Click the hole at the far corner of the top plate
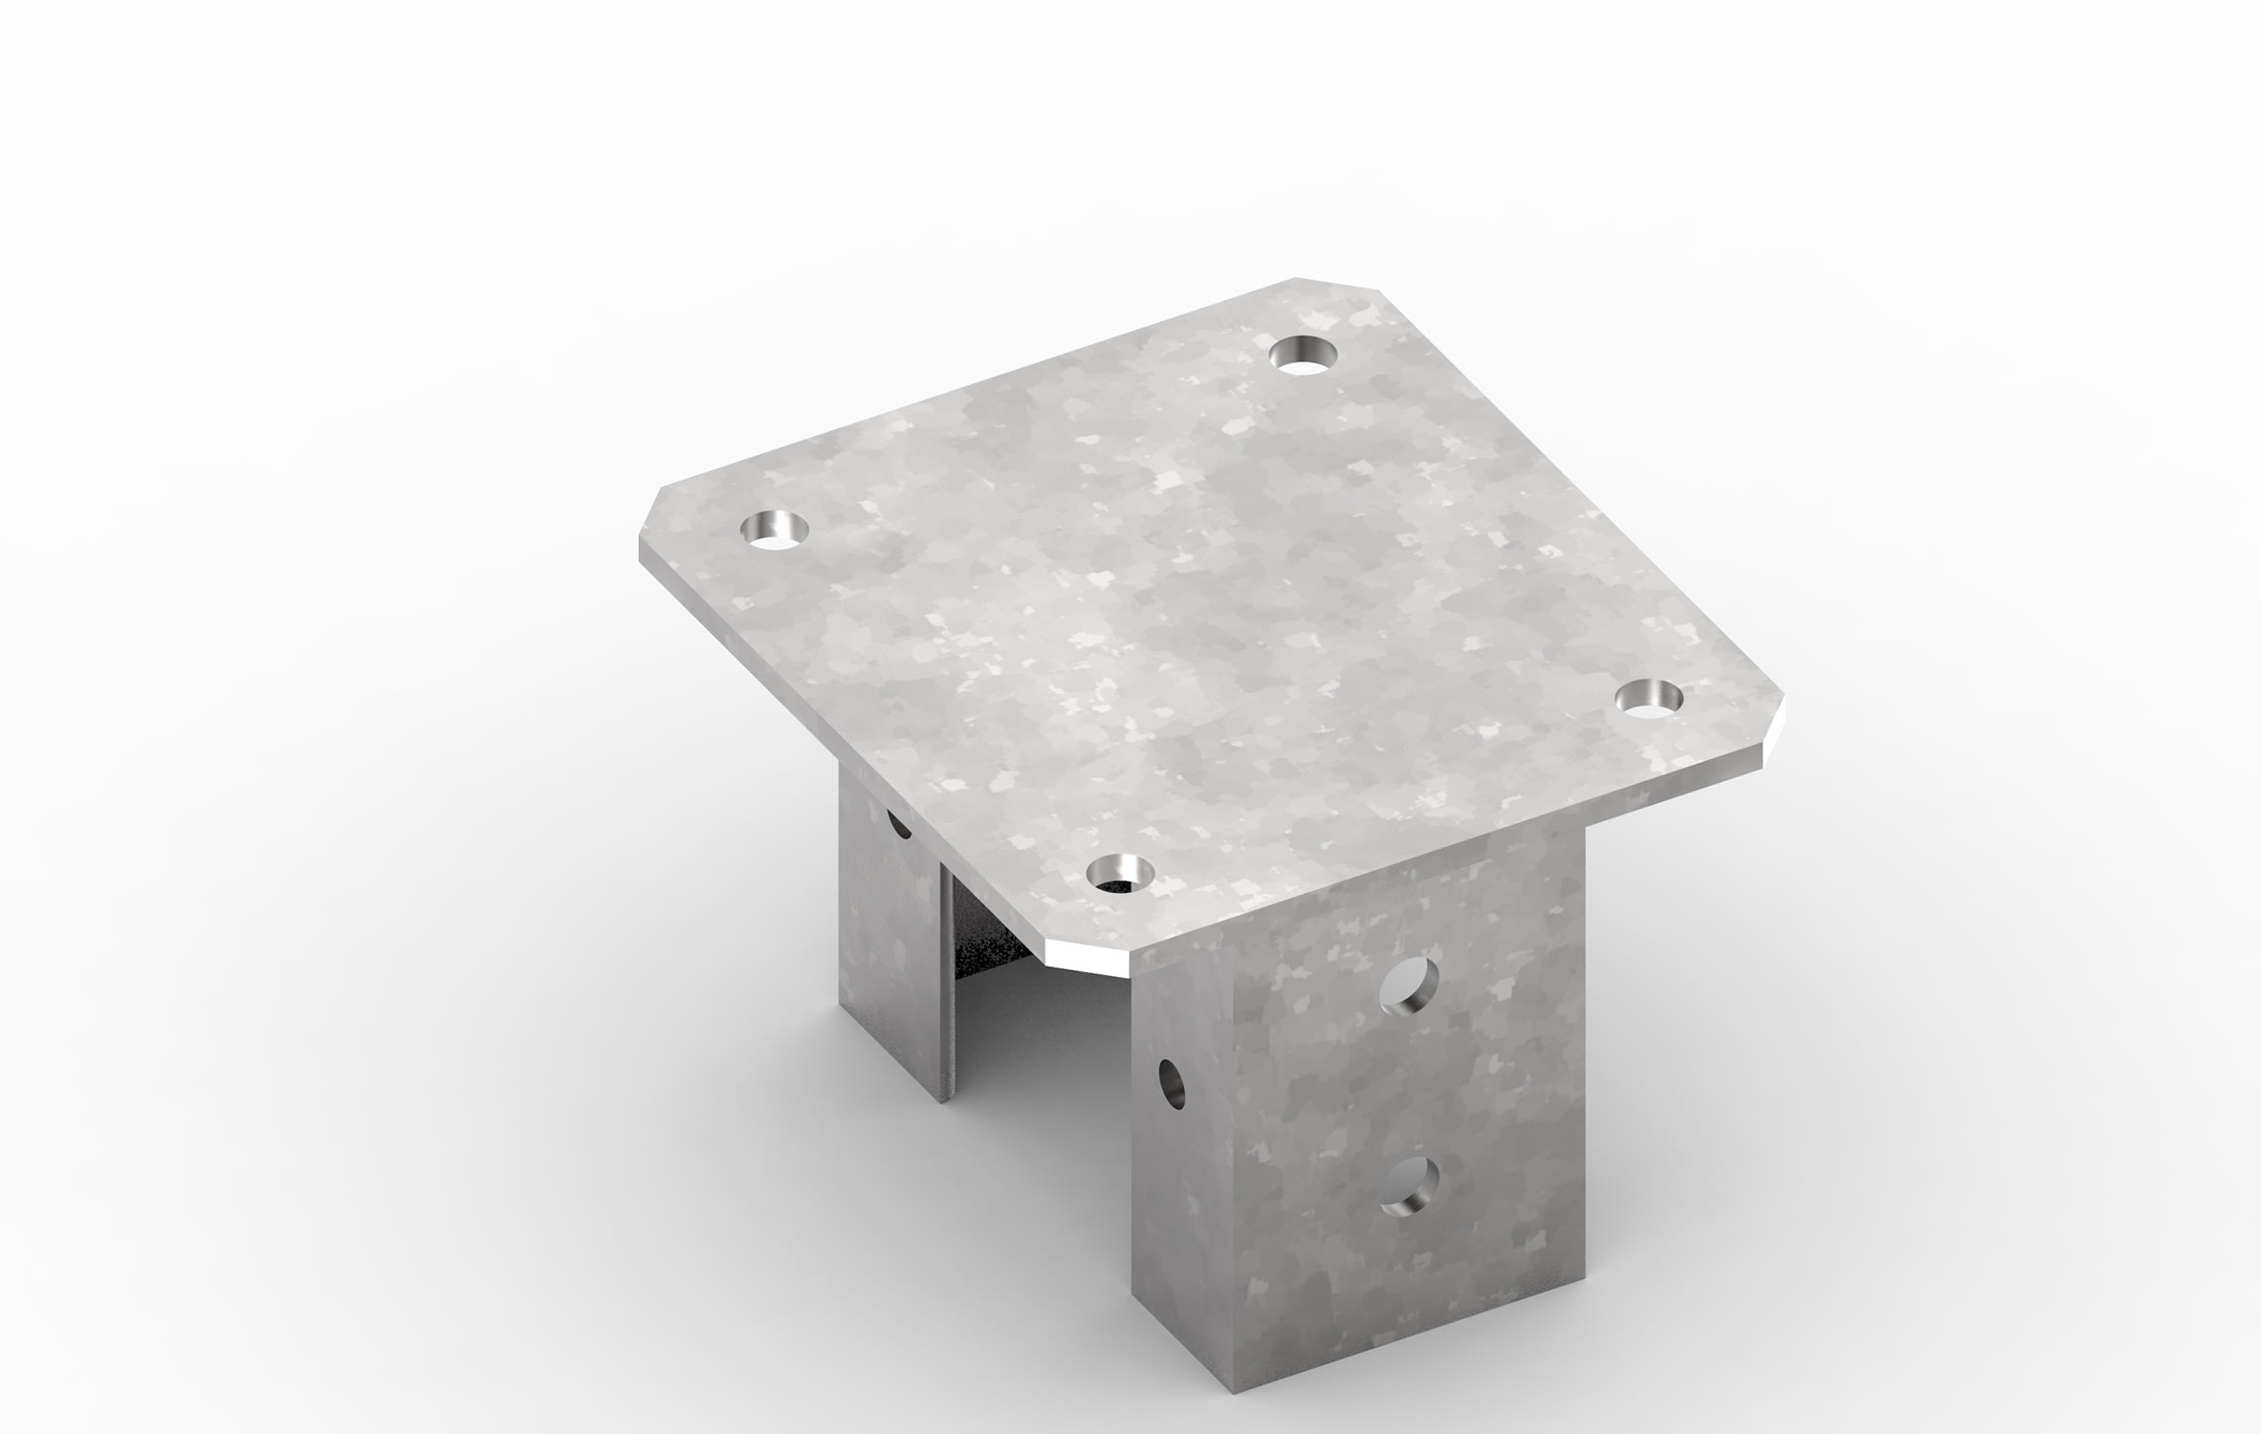coord(1302,355)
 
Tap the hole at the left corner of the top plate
coord(774,530)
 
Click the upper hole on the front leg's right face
coord(1411,985)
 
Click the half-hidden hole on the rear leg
coord(898,823)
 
